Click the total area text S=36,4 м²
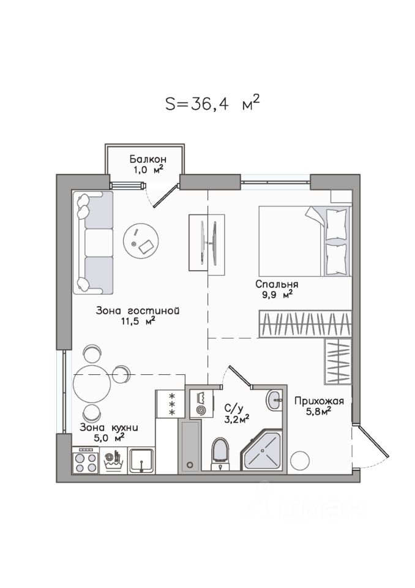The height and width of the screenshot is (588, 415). click(x=212, y=103)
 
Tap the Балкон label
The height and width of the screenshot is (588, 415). click(x=148, y=159)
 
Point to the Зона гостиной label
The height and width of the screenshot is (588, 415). click(x=138, y=311)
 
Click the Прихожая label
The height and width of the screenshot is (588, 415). click(x=319, y=401)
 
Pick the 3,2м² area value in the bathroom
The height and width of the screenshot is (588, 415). click(x=237, y=419)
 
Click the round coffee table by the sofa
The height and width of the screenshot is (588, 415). click(x=141, y=241)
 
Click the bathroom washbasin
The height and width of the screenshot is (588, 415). click(x=274, y=400)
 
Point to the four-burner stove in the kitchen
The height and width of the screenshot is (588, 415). click(x=86, y=460)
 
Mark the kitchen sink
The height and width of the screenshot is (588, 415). click(x=141, y=461)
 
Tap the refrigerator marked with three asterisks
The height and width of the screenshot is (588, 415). click(x=171, y=404)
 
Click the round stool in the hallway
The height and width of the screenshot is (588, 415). click(x=300, y=460)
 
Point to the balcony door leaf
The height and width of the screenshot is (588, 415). click(x=165, y=195)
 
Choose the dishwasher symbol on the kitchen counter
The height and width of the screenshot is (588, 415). click(x=113, y=461)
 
